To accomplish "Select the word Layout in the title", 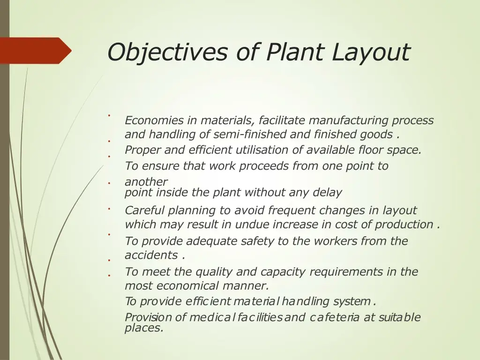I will [x=371, y=52].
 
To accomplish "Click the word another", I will [x=146, y=181].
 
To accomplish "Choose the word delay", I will [x=328, y=193].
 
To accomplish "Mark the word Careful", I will [x=145, y=210].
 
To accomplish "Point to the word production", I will [x=404, y=225].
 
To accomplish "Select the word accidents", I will [x=151, y=255].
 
